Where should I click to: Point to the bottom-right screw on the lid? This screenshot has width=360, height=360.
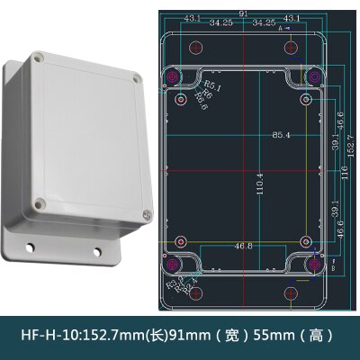point(147,214)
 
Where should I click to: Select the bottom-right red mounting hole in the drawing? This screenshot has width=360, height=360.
point(290,294)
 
